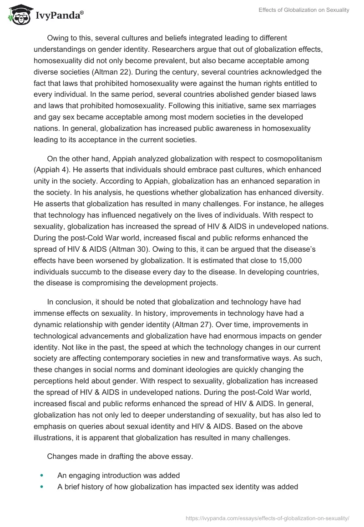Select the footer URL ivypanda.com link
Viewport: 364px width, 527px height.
click(x=268, y=517)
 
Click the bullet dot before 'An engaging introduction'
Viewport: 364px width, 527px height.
click(x=42, y=475)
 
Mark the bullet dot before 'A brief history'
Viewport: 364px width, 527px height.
click(x=42, y=487)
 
